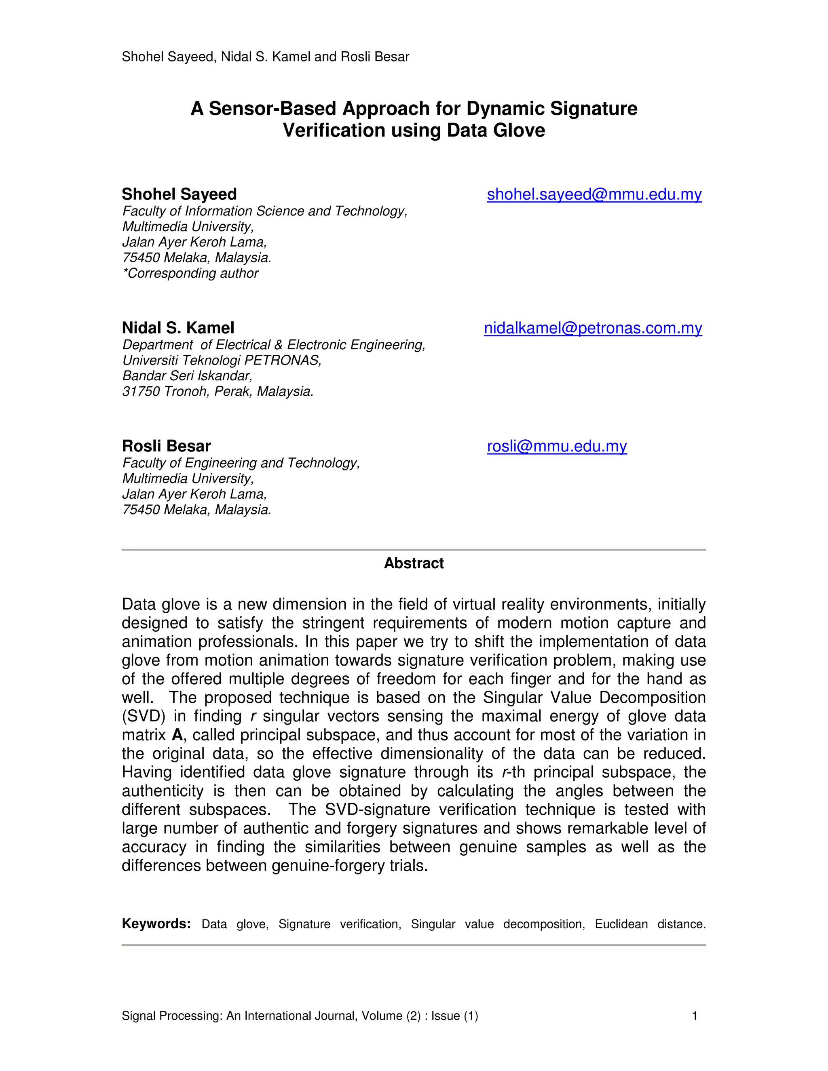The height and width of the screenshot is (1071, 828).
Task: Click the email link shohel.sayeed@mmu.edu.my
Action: tap(594, 195)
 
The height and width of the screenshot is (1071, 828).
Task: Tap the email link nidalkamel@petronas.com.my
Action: tap(593, 328)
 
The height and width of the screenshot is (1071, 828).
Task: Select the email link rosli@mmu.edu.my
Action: tap(557, 446)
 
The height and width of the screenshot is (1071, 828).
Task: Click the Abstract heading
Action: tap(414, 563)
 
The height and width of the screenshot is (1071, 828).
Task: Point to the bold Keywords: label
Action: tap(156, 924)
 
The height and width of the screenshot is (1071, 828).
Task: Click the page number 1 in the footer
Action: tap(694, 1016)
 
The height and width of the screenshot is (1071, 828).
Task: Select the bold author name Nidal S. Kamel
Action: tap(178, 328)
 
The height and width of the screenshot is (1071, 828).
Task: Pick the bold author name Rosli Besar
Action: tap(166, 446)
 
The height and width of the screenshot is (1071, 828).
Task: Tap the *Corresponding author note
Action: tap(190, 274)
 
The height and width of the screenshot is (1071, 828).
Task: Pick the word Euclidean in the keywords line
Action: tap(621, 924)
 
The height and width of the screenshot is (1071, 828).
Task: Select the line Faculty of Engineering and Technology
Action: tap(241, 463)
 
